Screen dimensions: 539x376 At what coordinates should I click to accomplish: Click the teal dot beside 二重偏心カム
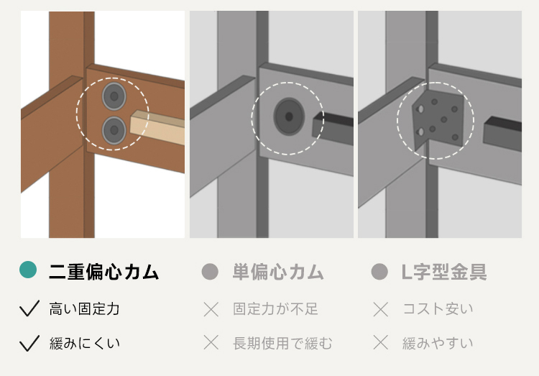pyautogui.click(x=28, y=270)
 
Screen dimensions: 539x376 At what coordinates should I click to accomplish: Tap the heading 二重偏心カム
pyautogui.click(x=103, y=272)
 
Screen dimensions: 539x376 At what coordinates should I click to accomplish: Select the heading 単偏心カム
pyautogui.click(x=278, y=272)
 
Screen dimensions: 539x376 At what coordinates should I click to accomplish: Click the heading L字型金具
pyautogui.click(x=444, y=272)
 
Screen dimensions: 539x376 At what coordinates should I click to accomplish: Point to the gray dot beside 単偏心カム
pyautogui.click(x=210, y=272)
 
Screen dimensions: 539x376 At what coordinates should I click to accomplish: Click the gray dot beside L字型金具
pyautogui.click(x=380, y=272)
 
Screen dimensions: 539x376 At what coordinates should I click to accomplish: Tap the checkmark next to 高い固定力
pyautogui.click(x=29, y=308)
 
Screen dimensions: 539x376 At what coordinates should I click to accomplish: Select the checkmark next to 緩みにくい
pyautogui.click(x=29, y=344)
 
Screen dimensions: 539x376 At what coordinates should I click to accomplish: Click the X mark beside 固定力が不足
pyautogui.click(x=211, y=309)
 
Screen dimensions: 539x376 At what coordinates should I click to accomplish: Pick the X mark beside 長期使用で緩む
pyautogui.click(x=211, y=343)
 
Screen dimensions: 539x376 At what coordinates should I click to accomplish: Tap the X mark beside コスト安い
pyautogui.click(x=381, y=309)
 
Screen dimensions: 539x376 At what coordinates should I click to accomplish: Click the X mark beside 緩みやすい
pyautogui.click(x=381, y=343)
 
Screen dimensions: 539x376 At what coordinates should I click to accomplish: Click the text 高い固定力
pyautogui.click(x=85, y=308)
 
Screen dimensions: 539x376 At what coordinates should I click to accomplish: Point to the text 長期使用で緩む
pyautogui.click(x=282, y=344)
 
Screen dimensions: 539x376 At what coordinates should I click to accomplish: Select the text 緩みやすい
pyautogui.click(x=438, y=344)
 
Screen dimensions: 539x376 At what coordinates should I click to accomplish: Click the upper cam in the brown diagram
pyautogui.click(x=114, y=96)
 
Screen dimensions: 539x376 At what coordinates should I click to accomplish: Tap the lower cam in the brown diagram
pyautogui.click(x=114, y=130)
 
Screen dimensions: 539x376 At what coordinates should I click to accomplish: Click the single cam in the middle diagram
pyautogui.click(x=289, y=116)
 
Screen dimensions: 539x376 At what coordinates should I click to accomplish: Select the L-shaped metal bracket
pyautogui.click(x=438, y=120)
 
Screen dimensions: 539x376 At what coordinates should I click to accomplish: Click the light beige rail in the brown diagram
pyautogui.click(x=157, y=127)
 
